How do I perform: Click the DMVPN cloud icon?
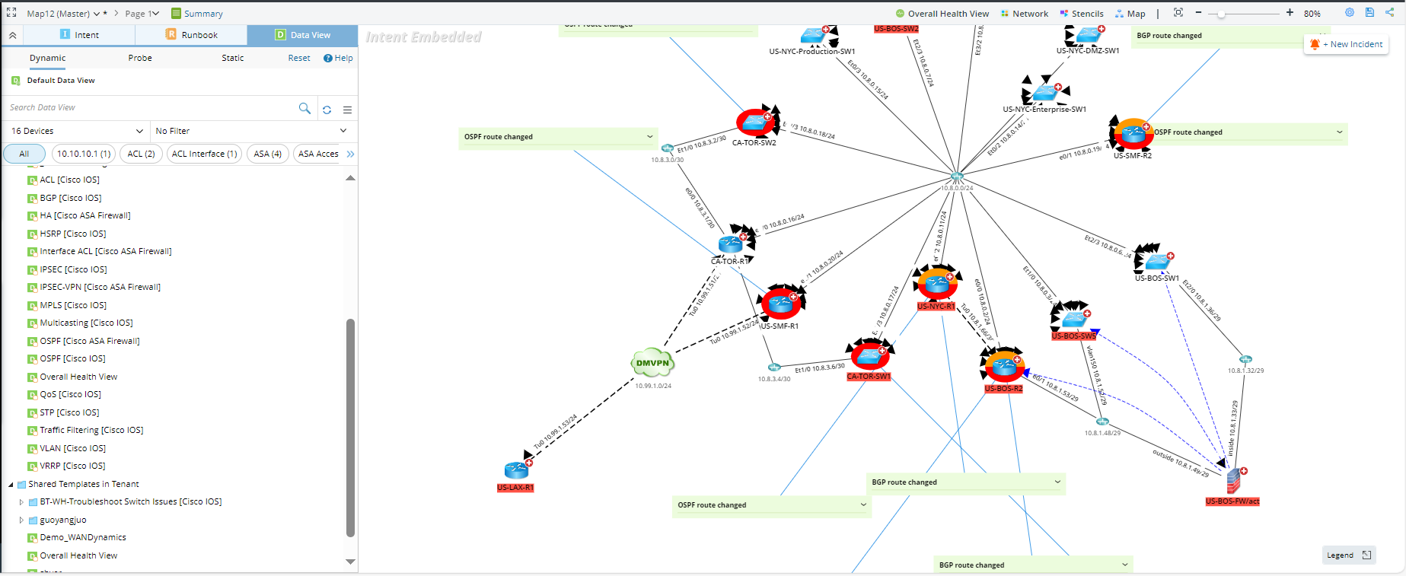tap(652, 363)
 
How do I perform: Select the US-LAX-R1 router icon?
tap(516, 470)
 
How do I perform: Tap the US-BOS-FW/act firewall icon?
tap(1233, 481)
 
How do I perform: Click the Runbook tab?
tap(191, 35)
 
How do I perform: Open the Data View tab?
tap(302, 35)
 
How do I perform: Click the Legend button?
tap(1348, 555)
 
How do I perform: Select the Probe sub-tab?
tap(140, 58)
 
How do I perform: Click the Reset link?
tap(298, 58)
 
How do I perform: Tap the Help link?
tap(338, 58)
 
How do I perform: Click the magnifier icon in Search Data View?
tap(304, 108)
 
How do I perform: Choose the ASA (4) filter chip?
tap(267, 154)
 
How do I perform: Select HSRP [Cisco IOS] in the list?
tap(73, 234)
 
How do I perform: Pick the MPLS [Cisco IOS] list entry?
tap(73, 305)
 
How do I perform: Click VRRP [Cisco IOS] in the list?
tap(72, 466)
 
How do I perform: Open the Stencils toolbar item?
tap(1082, 14)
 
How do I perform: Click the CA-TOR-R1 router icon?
tap(731, 244)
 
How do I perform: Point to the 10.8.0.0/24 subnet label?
tap(957, 188)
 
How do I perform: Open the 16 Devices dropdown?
tap(76, 131)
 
